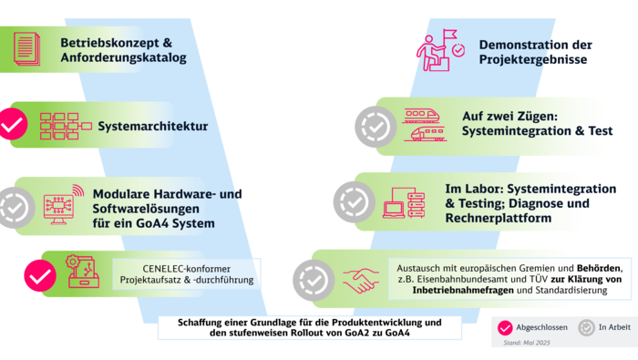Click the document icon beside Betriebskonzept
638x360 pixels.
[26, 50]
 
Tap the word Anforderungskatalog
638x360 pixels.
[124, 58]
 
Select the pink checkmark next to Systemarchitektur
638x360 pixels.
[12, 126]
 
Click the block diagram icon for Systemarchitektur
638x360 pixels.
[61, 126]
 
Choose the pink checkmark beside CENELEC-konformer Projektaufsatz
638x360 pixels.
[39, 275]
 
